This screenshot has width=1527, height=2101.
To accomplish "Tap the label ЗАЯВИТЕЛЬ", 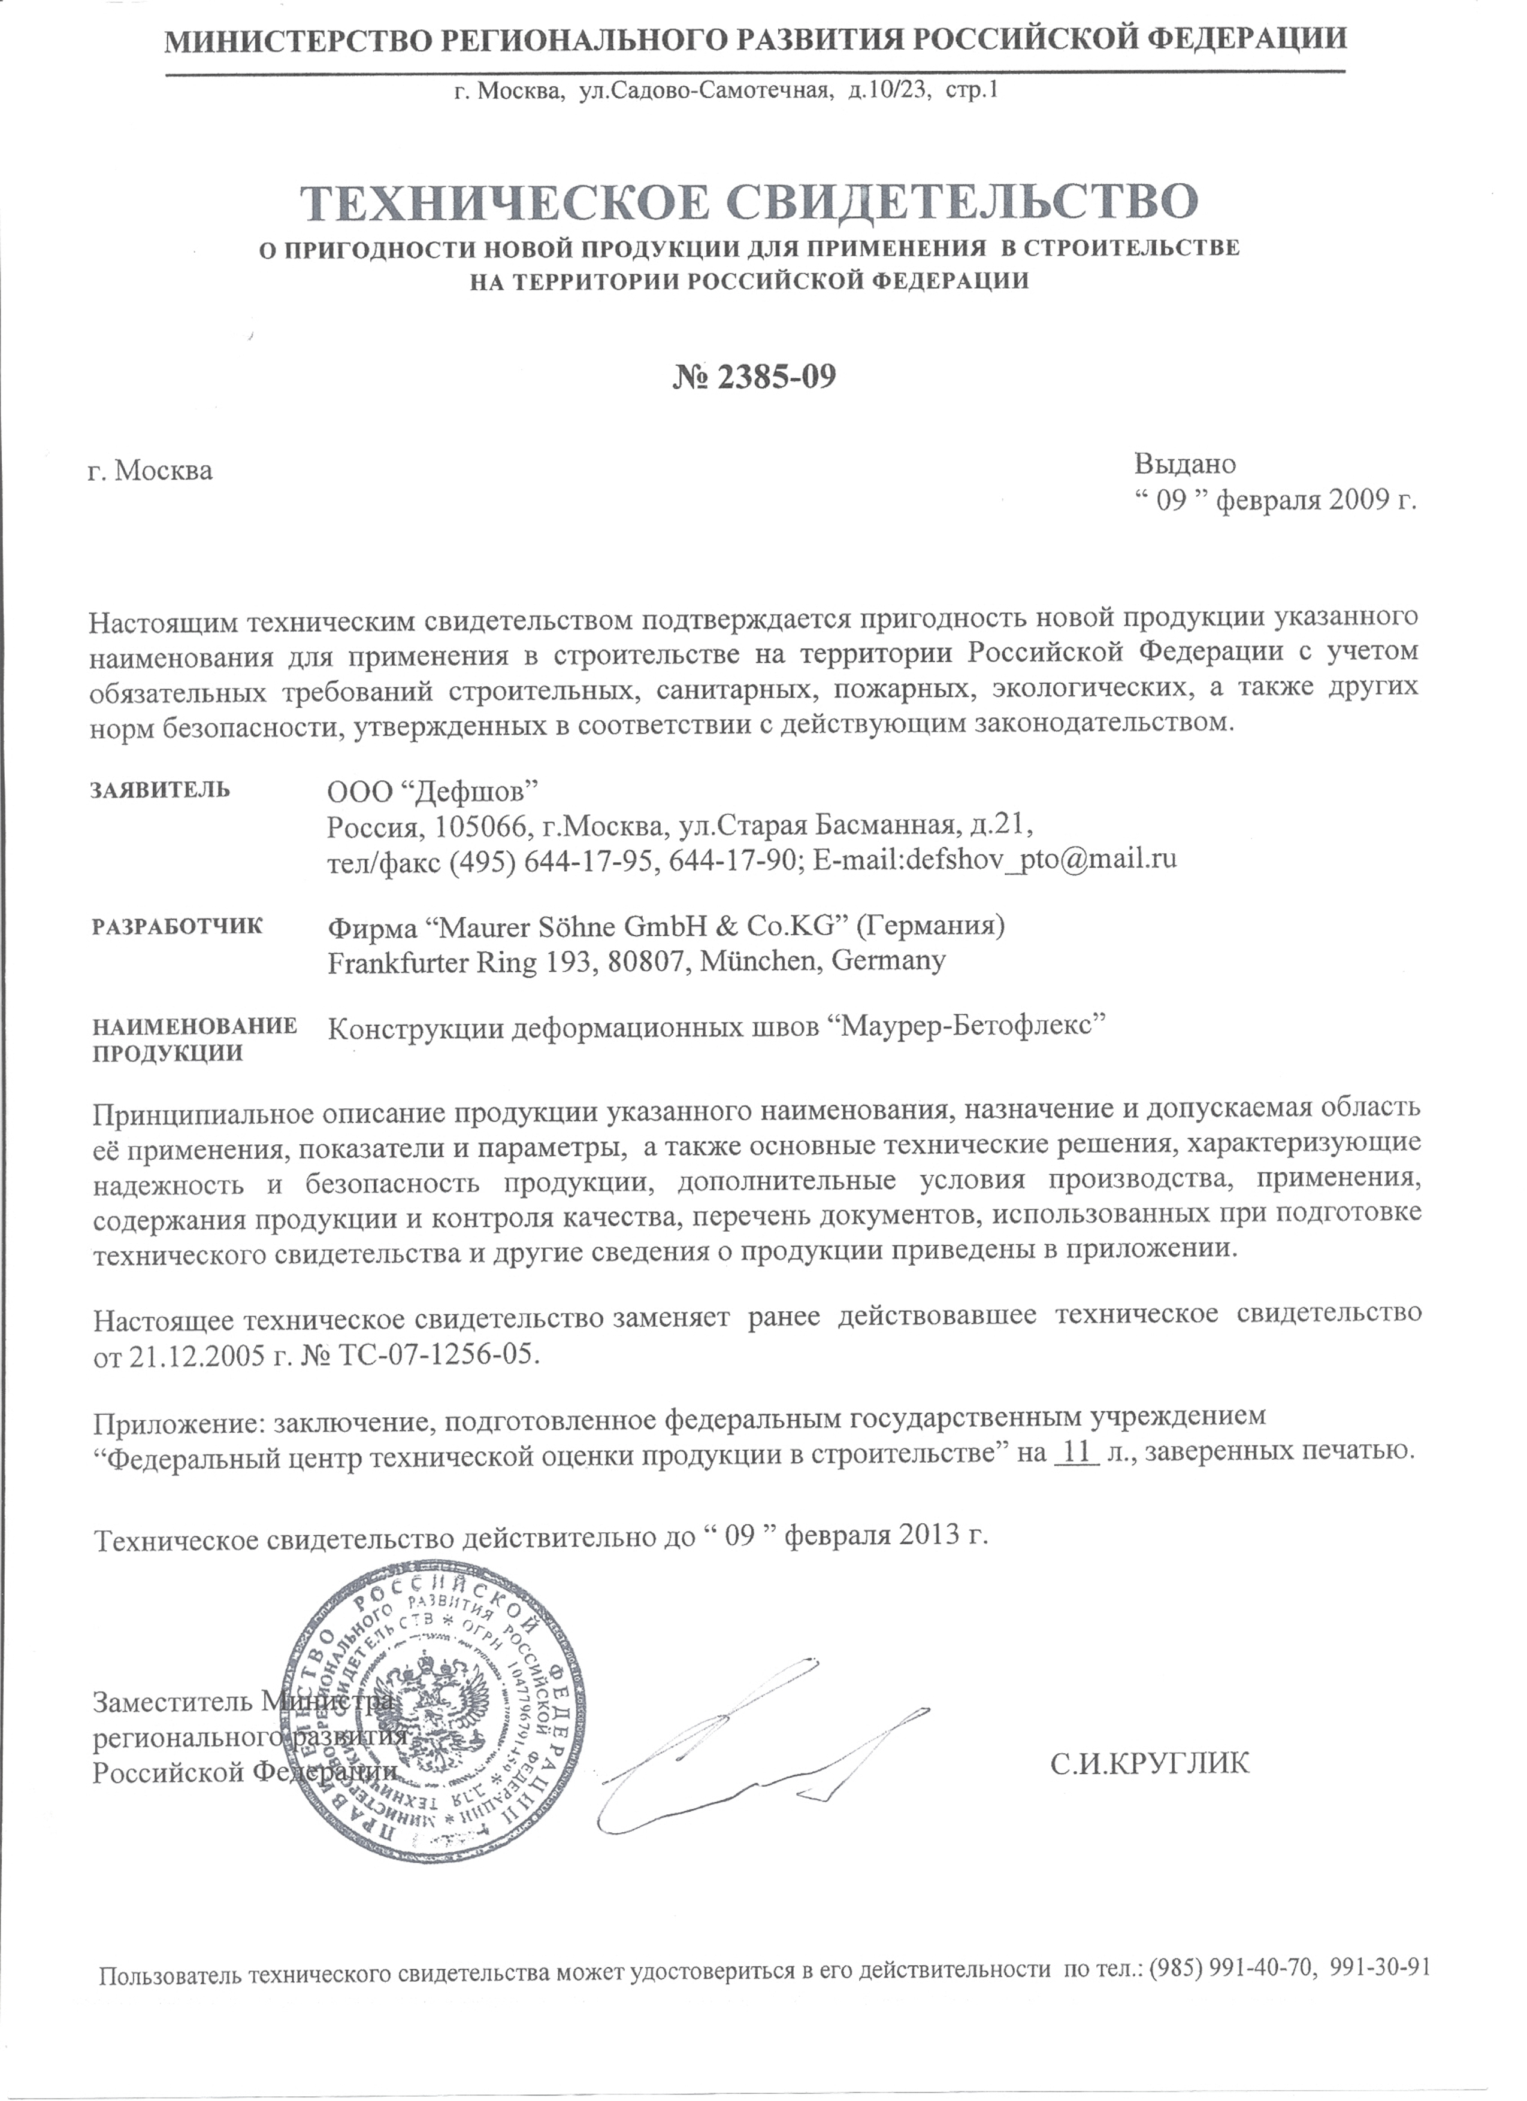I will point(161,790).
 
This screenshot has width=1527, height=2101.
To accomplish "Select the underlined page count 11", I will point(1076,1451).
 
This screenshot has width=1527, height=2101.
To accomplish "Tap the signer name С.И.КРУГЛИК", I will point(1150,1763).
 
